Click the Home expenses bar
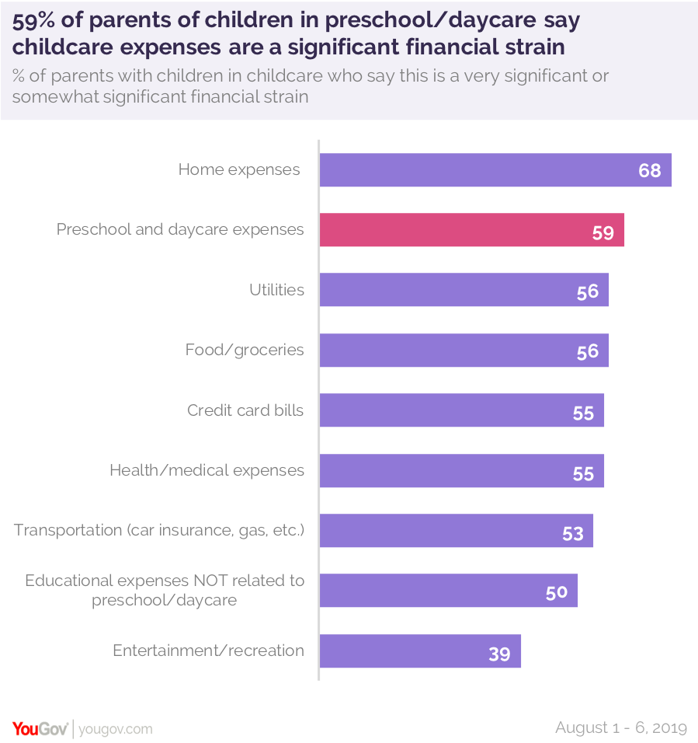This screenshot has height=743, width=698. pyautogui.click(x=495, y=169)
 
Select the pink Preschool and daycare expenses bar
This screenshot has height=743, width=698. pyautogui.click(x=471, y=230)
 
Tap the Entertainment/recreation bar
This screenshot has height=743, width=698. pyautogui.click(x=420, y=651)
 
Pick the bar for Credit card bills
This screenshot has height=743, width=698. pyautogui.click(x=461, y=410)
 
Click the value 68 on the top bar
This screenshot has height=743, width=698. pyautogui.click(x=649, y=170)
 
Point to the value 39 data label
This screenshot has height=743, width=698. pyautogui.click(x=499, y=654)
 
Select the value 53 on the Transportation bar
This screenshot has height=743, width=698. pyautogui.click(x=572, y=534)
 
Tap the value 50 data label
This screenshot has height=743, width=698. pyautogui.click(x=556, y=593)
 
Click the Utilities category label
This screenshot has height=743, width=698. pyautogui.click(x=276, y=290)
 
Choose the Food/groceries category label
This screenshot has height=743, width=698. pyautogui.click(x=245, y=350)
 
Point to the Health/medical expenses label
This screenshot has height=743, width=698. pyautogui.click(x=207, y=470)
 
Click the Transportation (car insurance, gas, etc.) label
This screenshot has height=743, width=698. pyautogui.click(x=159, y=530)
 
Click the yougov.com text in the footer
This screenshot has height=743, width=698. pyautogui.click(x=116, y=729)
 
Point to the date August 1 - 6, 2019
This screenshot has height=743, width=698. pyautogui.click(x=621, y=727)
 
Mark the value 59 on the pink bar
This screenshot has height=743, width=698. pyautogui.click(x=603, y=232)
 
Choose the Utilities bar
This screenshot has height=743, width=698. pyautogui.click(x=464, y=290)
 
